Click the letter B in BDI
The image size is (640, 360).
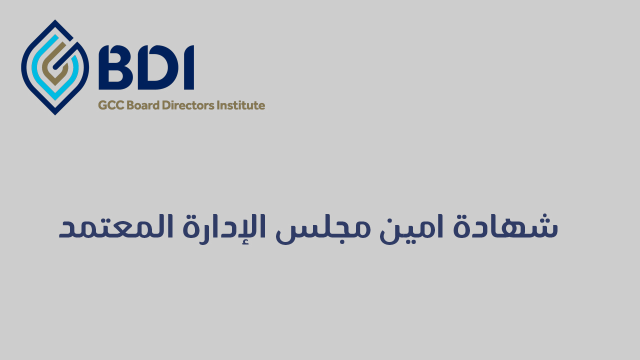tap(115, 67)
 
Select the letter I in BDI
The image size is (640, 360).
tap(189, 67)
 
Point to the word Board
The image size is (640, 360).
tap(143, 105)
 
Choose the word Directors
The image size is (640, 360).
tap(188, 105)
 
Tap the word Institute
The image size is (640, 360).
tap(241, 105)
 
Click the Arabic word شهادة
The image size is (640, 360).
tap(505, 226)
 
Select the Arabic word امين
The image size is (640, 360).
tap(411, 228)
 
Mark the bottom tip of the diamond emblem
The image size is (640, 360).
tap(55, 115)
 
